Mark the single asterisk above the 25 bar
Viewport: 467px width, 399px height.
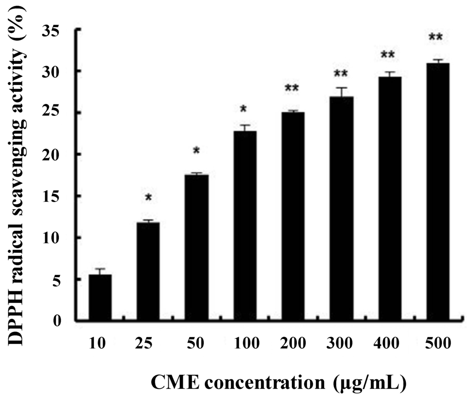click(148, 198)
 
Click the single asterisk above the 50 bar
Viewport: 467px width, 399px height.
click(197, 151)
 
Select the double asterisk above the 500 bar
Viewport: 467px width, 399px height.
click(435, 37)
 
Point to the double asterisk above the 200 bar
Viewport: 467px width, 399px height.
click(292, 88)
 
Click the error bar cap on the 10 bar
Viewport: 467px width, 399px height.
click(100, 269)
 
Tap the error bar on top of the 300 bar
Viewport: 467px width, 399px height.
click(342, 91)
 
